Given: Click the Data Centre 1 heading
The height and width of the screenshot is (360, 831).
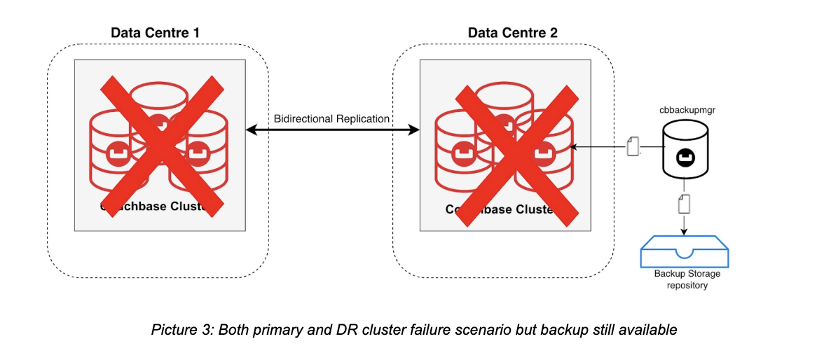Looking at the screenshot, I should tap(156, 33).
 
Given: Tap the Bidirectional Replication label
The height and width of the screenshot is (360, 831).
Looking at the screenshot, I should tap(331, 118).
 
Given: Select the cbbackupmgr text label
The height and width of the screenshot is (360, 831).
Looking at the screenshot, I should tap(684, 110).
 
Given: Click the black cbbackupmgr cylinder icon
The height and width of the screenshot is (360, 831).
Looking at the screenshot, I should tap(685, 152).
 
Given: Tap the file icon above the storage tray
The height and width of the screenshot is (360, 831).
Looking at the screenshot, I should tap(685, 205).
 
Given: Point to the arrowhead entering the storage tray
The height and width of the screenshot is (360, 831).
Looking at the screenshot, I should tap(685, 233).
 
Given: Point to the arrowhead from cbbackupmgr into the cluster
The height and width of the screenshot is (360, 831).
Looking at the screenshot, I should tap(573, 147).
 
